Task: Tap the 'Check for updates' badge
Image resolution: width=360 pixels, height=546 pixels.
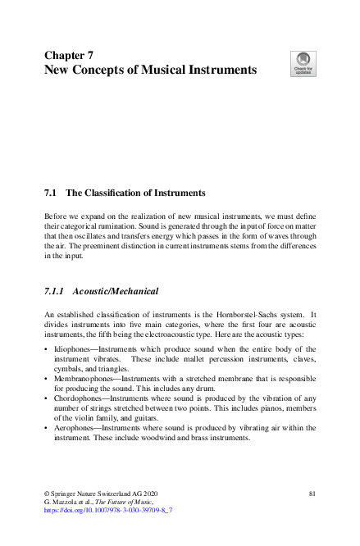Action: tap(303, 63)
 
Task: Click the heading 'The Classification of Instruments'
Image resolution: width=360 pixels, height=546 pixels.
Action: tap(134, 193)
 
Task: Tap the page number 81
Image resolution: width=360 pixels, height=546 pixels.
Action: tap(312, 493)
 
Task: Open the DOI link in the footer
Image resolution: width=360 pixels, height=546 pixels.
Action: tap(107, 509)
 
